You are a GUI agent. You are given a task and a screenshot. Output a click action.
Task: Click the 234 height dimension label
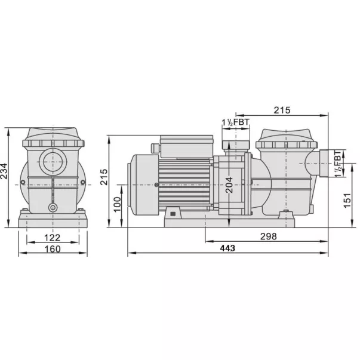coord(4,171)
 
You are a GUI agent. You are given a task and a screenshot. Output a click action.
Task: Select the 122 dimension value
coord(53,238)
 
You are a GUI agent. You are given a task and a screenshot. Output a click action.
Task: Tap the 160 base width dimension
coord(53,249)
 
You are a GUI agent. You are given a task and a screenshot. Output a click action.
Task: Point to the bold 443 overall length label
coord(227,248)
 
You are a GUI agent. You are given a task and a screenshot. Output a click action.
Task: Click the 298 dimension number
coord(269,236)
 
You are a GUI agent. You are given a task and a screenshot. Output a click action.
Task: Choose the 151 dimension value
coord(347,201)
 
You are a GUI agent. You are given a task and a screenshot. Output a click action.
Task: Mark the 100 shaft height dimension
coord(117,204)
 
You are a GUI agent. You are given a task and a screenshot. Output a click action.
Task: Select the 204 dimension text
coord(229,185)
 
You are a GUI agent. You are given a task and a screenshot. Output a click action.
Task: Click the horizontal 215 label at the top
coord(282,110)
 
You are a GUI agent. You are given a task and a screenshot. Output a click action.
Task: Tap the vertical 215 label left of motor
coord(104,177)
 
